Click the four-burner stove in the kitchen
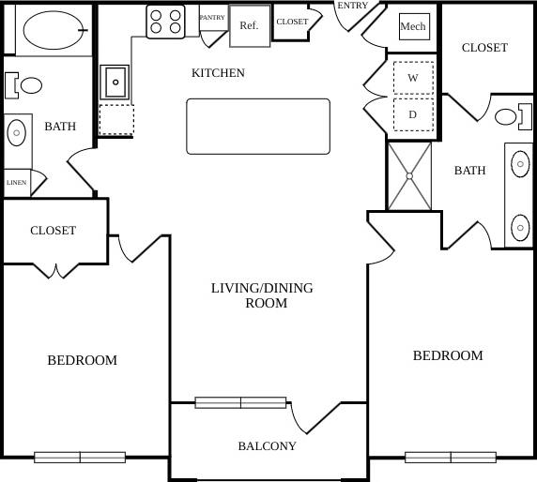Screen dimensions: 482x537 point(164,21)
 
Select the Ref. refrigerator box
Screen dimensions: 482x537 point(250,26)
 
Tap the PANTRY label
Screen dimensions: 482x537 point(212,17)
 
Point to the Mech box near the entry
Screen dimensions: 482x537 point(413,27)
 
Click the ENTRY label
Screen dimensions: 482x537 point(353,6)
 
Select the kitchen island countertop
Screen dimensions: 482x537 point(258,126)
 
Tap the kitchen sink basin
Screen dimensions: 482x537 point(116,83)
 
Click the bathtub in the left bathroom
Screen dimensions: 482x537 point(53,30)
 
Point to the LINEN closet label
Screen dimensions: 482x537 point(16,183)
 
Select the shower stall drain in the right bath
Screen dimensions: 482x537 point(409,175)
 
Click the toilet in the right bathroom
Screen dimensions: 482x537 point(507,117)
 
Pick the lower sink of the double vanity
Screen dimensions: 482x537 point(519,226)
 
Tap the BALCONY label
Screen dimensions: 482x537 point(267,446)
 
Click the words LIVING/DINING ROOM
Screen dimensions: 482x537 point(262,295)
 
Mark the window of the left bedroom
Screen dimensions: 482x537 point(80,458)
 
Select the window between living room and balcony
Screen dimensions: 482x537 point(240,402)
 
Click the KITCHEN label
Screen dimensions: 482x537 point(218,73)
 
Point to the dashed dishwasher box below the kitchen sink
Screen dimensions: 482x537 point(116,120)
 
